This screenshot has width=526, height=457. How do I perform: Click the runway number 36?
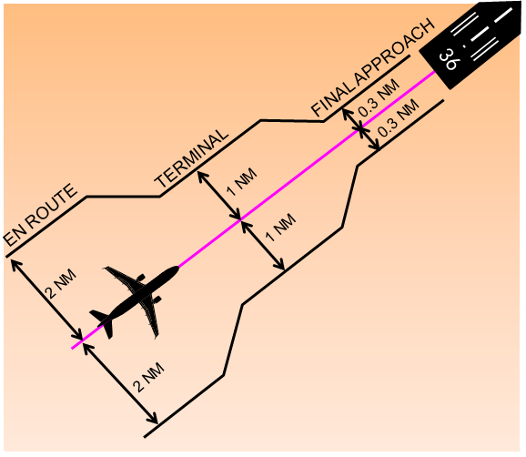click(448, 60)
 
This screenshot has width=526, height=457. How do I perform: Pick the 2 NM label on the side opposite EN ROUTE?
click(147, 376)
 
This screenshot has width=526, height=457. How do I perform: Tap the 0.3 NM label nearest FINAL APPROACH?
click(377, 101)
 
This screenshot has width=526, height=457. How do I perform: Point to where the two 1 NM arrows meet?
click(240, 219)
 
